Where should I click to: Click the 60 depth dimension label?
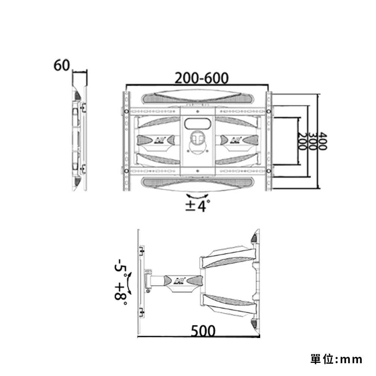62,65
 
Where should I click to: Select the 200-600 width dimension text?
202,78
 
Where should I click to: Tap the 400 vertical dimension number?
322,141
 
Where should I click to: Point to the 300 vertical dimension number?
312,141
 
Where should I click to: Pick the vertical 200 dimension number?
302,141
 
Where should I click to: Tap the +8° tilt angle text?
121,294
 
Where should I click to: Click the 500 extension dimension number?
203,331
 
